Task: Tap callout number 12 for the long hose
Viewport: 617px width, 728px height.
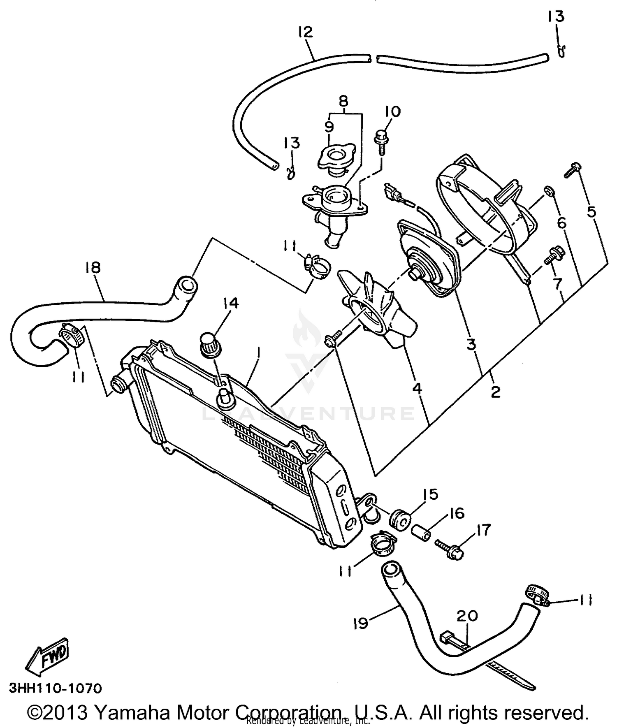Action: (x=306, y=32)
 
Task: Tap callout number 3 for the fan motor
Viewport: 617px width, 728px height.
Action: (x=471, y=344)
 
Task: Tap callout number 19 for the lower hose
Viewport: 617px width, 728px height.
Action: (x=360, y=624)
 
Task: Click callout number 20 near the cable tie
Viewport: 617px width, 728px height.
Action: (x=467, y=616)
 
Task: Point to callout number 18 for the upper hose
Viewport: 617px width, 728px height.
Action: (x=93, y=268)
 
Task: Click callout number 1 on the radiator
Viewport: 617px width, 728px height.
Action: (x=258, y=353)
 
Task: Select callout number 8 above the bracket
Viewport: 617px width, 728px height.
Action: (x=343, y=100)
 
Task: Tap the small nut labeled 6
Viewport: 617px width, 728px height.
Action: (x=549, y=190)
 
